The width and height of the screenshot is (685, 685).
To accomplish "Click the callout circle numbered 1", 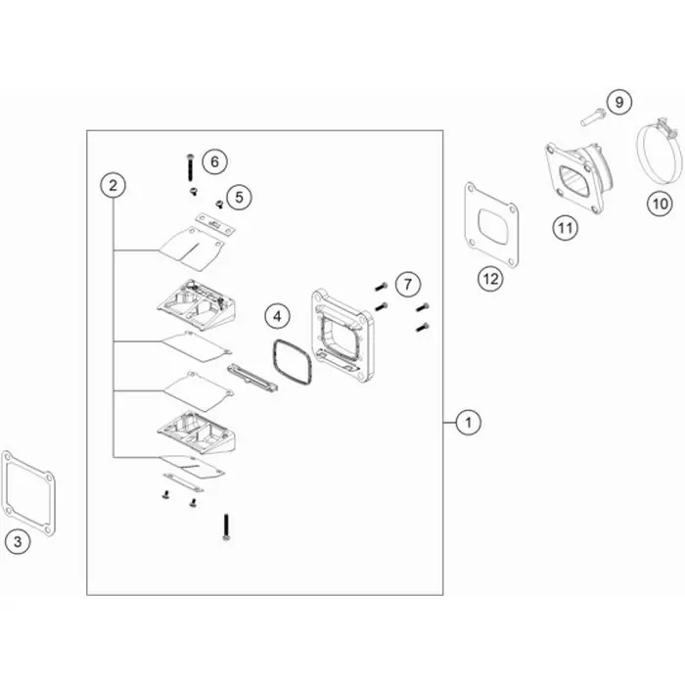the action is pos(469,423).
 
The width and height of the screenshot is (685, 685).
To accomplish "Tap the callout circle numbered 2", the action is pos(114,185).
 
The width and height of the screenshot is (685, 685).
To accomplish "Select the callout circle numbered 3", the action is pos(18,542).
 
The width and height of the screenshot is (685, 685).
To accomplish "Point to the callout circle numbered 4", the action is pos(277,316).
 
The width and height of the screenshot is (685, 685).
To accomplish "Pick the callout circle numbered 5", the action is pos(239,197).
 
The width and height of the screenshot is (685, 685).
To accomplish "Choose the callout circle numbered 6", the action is pos(215,161).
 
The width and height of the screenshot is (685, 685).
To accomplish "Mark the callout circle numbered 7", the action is pos(408,285).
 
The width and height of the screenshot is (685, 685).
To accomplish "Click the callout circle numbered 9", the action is pos(619,102).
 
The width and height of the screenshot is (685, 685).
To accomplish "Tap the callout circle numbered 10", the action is pos(660,204).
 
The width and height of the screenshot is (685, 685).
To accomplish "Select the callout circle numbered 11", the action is pos(566,228).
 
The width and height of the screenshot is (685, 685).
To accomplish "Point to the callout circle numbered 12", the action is pos(490,278).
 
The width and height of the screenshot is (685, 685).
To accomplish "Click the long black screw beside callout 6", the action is pos(190,167).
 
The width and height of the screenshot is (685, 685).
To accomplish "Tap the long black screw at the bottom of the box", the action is pos(226,527).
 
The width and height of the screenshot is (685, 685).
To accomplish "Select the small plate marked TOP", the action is pos(215,224).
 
